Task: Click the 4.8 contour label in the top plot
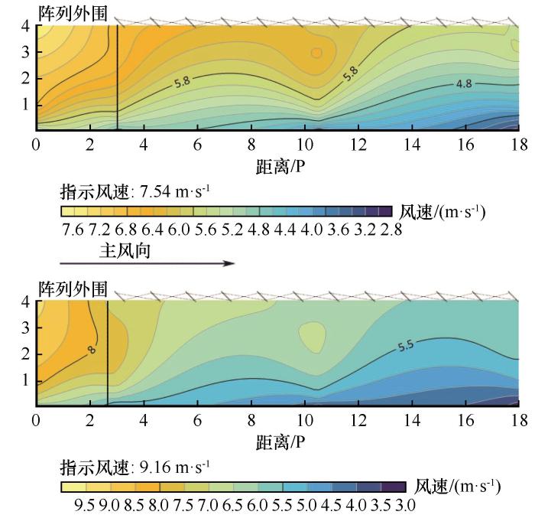464,83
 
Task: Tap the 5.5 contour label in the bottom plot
406,346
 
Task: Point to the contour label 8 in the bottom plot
92,350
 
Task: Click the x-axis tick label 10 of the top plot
305,145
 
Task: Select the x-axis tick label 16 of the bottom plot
465,420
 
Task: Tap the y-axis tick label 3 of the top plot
25,52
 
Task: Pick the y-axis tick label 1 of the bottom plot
25,380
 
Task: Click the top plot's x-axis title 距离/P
280,167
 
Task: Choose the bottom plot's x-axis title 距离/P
280,442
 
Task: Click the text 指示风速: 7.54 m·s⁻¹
135,191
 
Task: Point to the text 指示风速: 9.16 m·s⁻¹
135,467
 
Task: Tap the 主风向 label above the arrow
125,250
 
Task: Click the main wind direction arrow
148,263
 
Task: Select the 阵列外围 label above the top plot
73,14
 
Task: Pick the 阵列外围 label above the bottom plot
73,289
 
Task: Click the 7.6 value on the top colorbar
73,230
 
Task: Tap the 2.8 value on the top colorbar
391,230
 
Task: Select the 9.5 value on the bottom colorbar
84,505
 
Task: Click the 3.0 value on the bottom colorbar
405,505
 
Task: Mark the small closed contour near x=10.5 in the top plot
316,53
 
